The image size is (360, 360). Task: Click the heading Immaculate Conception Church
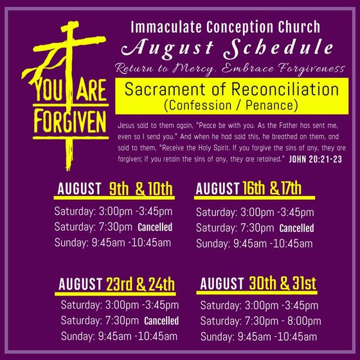tap(225, 27)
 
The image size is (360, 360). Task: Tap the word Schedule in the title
tap(278, 48)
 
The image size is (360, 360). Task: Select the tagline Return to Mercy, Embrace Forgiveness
tap(230, 69)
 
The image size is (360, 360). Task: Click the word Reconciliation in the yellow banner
tap(285, 89)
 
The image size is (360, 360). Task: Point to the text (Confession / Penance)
tap(231, 105)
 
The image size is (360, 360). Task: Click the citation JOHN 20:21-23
tap(316, 159)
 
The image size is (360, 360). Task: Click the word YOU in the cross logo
tap(49, 89)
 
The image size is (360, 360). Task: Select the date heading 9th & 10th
tap(141, 189)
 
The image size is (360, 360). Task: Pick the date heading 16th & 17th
tap(272, 188)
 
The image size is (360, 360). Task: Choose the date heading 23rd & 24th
tap(140, 284)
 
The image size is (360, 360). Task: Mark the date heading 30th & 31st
tap(282, 283)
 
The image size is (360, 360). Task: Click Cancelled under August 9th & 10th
tap(155, 227)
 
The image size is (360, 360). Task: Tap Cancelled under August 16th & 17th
tap(296, 228)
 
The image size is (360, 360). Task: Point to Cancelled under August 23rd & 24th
tap(161, 321)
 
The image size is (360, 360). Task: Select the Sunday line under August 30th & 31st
tap(258, 337)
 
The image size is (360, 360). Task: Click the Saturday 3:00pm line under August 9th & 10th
tap(113, 212)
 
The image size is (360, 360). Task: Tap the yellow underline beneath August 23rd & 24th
tap(115, 294)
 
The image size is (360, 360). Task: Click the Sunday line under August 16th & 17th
tap(255, 244)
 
